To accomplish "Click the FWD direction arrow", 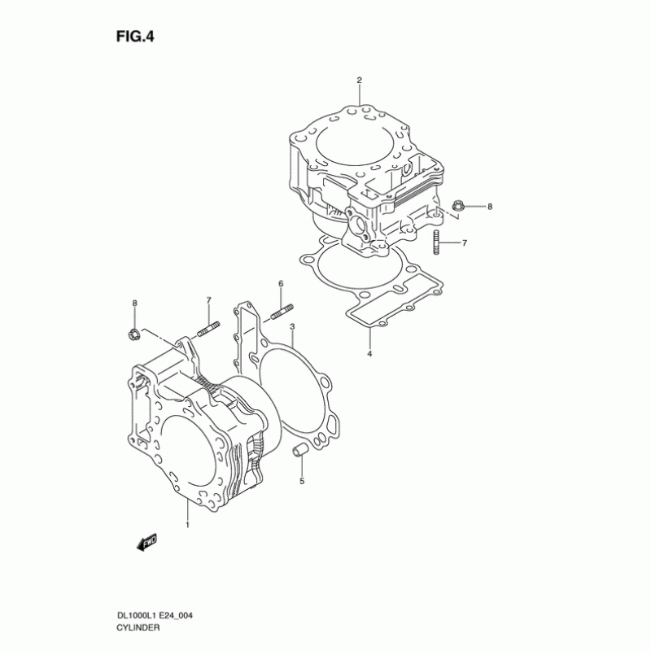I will [146, 542].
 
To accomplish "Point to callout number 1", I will [187, 526].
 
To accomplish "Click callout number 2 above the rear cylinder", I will [358, 80].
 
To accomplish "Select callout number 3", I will [292, 326].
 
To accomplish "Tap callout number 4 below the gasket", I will [369, 354].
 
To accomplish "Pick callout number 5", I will [301, 482].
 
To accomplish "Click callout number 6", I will [281, 283].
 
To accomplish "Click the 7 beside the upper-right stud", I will [464, 243].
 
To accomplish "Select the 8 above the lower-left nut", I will [135, 304].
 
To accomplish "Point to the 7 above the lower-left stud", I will [208, 300].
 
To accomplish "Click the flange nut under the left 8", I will [134, 333].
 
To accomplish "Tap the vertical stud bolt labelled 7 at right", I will [437, 242].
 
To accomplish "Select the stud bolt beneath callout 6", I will [281, 312].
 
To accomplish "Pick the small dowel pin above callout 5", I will [298, 449].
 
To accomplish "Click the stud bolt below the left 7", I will [208, 330].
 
